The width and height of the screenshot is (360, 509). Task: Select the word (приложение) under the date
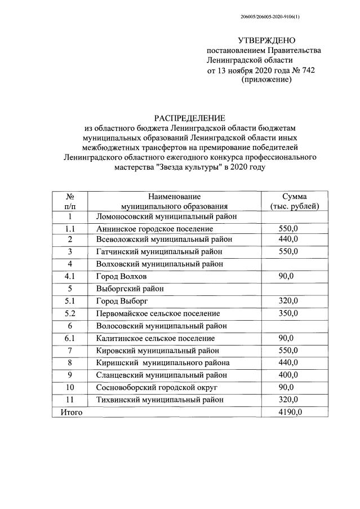(266, 80)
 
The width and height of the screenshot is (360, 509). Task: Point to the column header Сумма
(294, 196)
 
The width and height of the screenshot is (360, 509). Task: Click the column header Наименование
(174, 196)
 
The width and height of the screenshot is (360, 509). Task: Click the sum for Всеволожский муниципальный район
(288, 240)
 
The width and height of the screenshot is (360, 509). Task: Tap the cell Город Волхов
(122, 276)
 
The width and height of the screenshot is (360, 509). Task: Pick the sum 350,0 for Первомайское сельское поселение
(288, 313)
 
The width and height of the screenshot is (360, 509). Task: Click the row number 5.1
(70, 301)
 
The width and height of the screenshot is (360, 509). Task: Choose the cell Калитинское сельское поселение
(155, 338)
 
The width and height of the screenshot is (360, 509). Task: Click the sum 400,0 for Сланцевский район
(288, 375)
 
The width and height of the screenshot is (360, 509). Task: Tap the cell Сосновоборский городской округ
(156, 387)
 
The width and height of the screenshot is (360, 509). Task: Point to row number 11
(70, 400)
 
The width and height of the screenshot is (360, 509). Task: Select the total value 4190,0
(290, 412)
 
